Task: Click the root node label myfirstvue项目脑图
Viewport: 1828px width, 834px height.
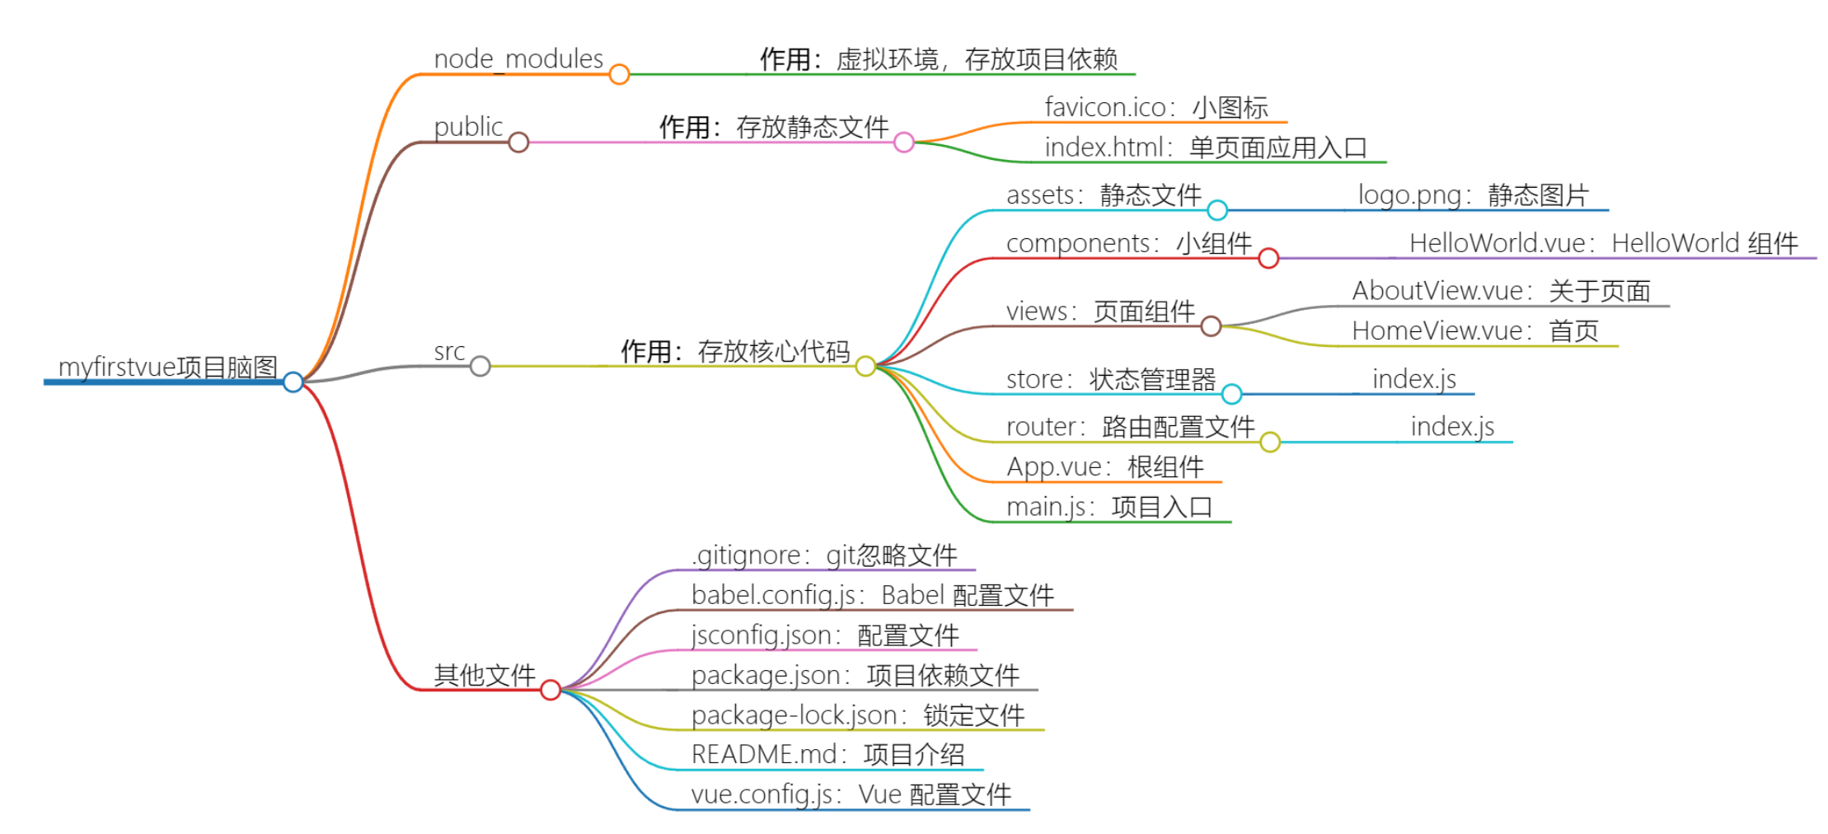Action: tap(167, 367)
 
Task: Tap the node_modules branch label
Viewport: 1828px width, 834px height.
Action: tap(518, 59)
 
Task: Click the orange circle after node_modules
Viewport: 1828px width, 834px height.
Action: tap(619, 74)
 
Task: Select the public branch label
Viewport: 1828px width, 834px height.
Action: tap(468, 127)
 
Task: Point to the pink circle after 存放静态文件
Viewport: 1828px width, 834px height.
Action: tap(903, 143)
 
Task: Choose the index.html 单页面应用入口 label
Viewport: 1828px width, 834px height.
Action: tap(1205, 148)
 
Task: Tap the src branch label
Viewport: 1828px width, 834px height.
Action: tap(449, 352)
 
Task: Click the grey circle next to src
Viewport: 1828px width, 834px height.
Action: tap(480, 366)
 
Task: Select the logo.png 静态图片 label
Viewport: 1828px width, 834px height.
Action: tap(1473, 195)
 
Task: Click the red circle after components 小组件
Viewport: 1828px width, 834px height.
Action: tap(1268, 259)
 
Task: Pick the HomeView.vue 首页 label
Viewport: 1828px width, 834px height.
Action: tap(1475, 331)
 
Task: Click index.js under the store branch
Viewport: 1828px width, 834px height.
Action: tap(1413, 379)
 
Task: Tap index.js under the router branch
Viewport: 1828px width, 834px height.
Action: tap(1452, 427)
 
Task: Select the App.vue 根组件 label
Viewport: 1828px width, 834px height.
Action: tap(1104, 467)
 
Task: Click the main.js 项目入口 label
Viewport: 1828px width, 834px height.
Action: tap(1109, 507)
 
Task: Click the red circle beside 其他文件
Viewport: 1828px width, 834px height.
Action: tap(551, 690)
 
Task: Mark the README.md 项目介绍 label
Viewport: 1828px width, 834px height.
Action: tap(827, 755)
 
